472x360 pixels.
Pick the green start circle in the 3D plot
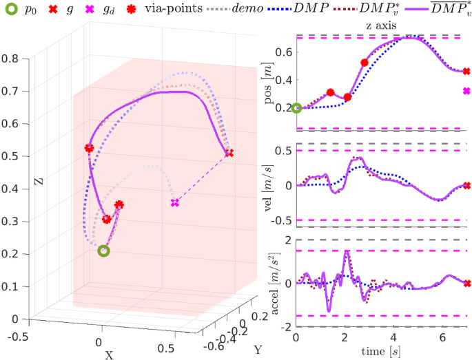(103, 251)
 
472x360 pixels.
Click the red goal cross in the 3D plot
(229, 153)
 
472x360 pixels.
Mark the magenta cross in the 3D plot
(175, 203)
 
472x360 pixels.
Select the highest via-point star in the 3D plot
(89, 148)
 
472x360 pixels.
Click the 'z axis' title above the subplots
(382, 26)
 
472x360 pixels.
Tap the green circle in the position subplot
(296, 107)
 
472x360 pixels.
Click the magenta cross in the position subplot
(466, 91)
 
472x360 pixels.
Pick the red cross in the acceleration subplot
(466, 283)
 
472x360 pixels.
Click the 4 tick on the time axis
(393, 338)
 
